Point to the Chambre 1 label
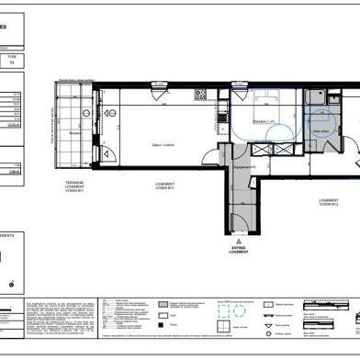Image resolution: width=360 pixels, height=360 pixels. point(266,122)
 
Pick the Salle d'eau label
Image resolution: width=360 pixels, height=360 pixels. point(323,132)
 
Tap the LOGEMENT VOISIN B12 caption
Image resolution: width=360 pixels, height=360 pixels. point(331,203)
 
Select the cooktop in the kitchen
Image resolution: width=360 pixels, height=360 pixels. point(196,96)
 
